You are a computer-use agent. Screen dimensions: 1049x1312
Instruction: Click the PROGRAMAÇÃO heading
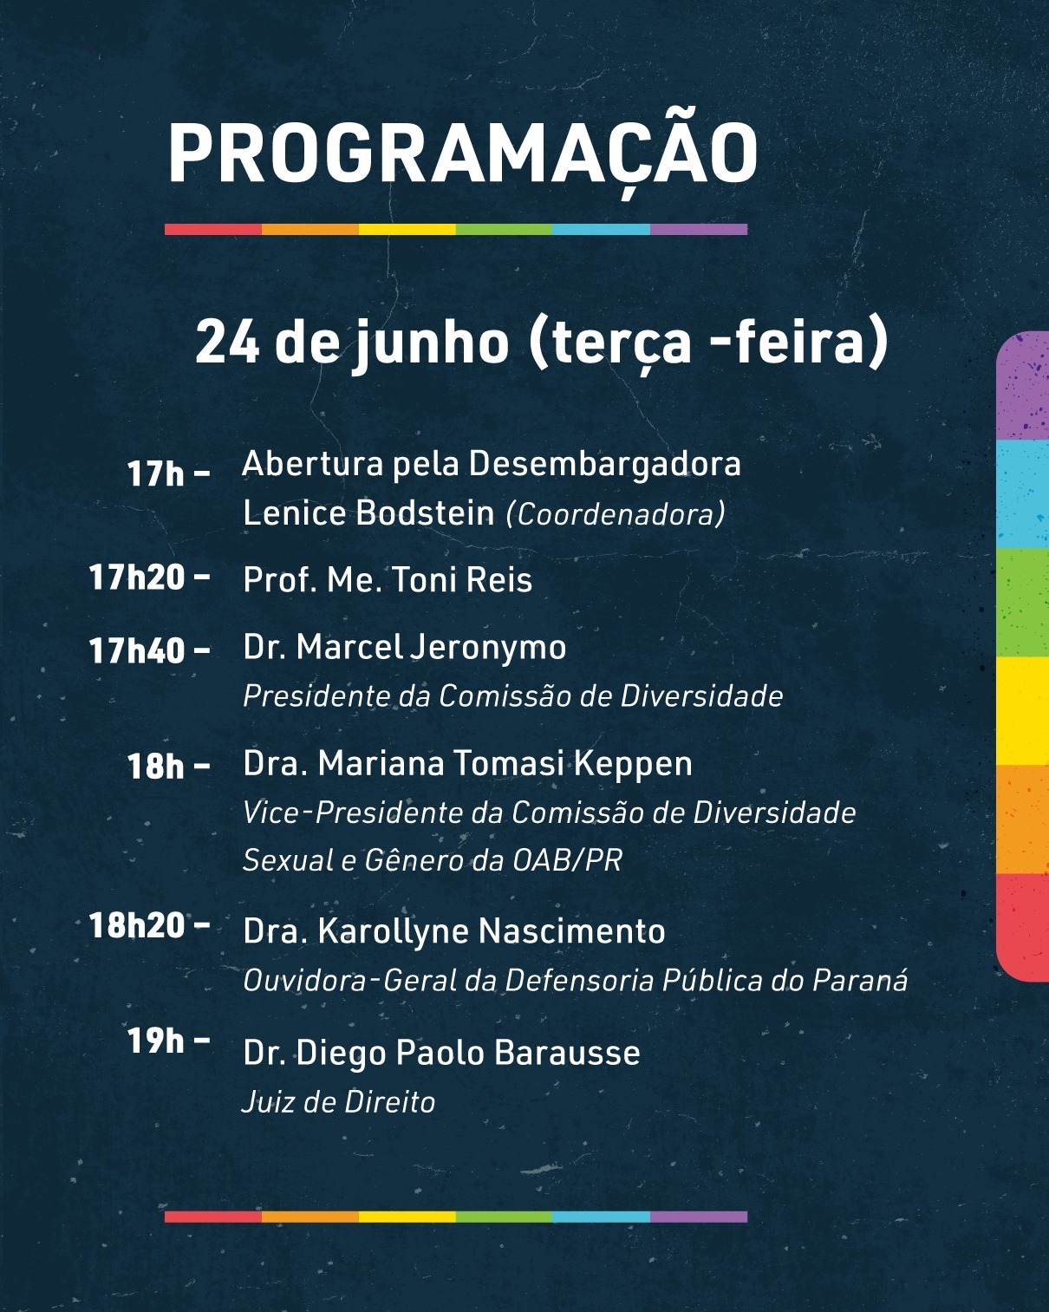[x=463, y=153]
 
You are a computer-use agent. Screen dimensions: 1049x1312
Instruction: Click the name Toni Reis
[x=461, y=579]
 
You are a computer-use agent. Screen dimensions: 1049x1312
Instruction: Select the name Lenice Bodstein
[x=368, y=512]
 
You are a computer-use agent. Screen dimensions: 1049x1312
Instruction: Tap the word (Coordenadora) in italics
[x=616, y=514]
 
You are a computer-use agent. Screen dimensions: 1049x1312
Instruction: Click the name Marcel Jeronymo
[x=431, y=648]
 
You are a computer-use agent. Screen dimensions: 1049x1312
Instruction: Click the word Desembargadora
[x=604, y=465]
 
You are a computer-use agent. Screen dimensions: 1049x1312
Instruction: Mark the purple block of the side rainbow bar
[x=1023, y=385]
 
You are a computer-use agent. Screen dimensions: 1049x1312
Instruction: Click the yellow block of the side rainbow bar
[x=1023, y=710]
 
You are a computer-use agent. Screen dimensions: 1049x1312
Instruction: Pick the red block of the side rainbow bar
[x=1023, y=927]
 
